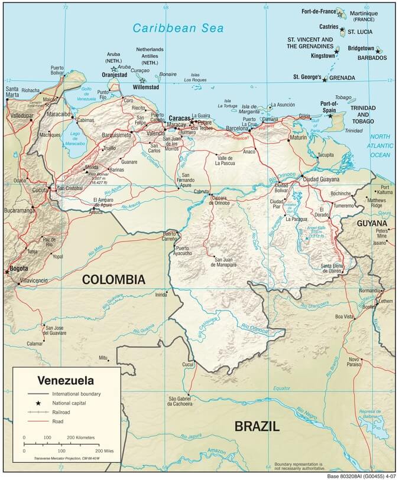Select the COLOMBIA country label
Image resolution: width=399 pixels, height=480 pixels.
tap(113, 279)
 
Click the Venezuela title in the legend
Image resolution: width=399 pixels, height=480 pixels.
tap(66, 380)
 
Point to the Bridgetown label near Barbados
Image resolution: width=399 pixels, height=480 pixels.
tap(361, 48)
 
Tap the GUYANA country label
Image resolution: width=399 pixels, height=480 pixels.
tap(372, 223)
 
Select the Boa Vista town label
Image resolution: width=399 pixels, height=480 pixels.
tap(344, 316)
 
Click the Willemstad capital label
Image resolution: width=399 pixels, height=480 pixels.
tap(145, 87)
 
